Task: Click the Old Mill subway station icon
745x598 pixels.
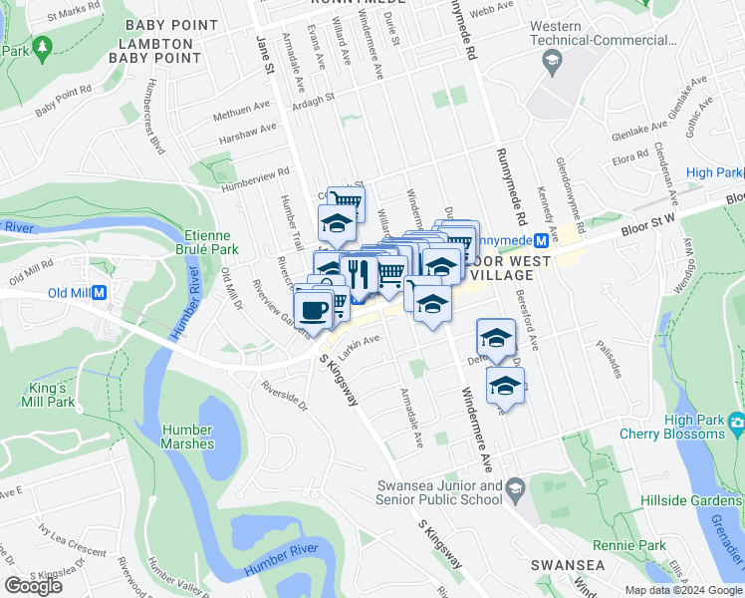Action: (x=99, y=293)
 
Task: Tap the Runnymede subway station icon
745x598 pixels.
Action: (x=540, y=240)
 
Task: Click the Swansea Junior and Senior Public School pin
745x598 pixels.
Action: (x=515, y=487)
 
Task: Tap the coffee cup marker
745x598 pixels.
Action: (x=314, y=308)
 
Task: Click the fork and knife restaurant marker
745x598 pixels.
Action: (x=359, y=274)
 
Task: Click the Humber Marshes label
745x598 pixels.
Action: (x=187, y=437)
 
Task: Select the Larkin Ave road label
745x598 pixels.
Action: (x=362, y=342)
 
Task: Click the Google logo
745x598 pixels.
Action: (x=33, y=586)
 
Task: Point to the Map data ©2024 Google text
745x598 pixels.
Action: (x=683, y=590)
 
